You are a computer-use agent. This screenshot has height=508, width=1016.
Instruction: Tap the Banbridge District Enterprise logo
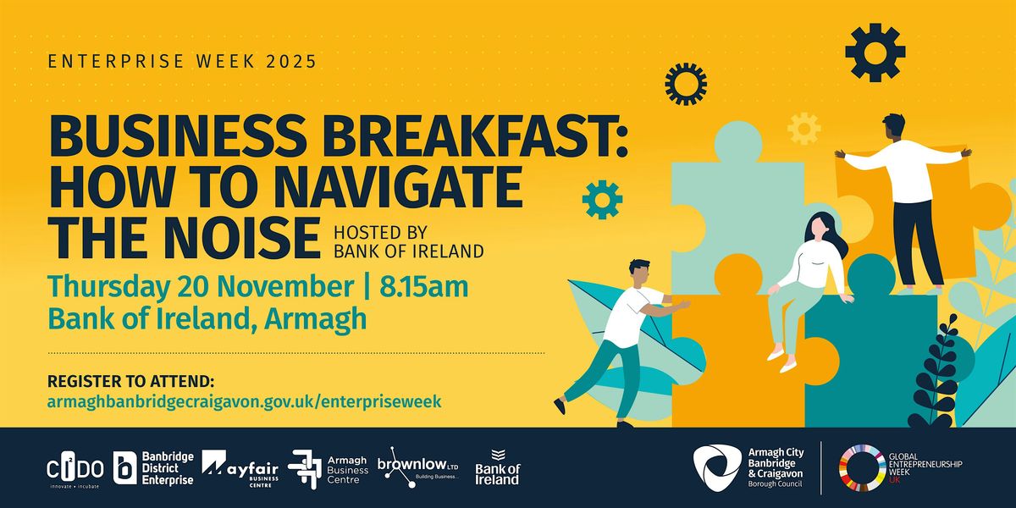click(x=153, y=468)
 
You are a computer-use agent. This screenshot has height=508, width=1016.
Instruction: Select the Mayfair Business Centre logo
click(x=240, y=467)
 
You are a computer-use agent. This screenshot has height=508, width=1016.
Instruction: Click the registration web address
click(x=246, y=400)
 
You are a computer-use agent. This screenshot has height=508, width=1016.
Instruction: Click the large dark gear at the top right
click(x=875, y=52)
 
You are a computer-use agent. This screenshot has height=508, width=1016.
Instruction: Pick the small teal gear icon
click(x=602, y=199)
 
